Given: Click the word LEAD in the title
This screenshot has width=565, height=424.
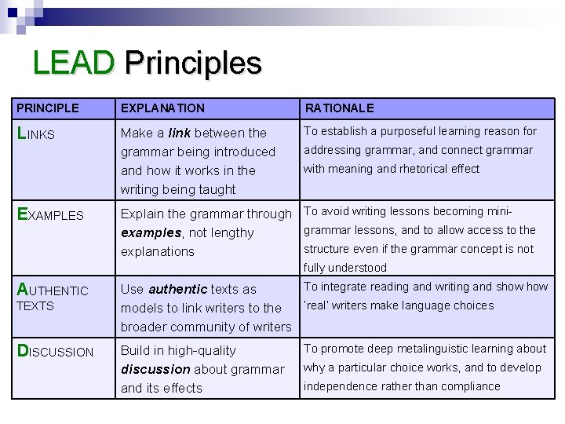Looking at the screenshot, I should point(74,63).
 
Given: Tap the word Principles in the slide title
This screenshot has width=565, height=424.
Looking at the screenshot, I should point(192,63).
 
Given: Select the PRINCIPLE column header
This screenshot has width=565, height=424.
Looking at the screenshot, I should point(48,108).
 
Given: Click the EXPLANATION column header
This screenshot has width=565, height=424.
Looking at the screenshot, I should point(162,108).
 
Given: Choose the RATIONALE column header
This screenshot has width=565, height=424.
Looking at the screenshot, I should point(339,108).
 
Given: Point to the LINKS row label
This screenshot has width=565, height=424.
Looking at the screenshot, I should point(36,133).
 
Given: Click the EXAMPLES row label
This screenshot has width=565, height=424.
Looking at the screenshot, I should point(50,214).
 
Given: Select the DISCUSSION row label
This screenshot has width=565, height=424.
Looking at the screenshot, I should point(55,352).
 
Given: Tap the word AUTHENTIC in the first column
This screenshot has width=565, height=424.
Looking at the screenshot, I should point(53,291).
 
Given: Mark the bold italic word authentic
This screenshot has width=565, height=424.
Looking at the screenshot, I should point(177,289).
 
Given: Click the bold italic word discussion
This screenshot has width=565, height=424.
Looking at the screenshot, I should point(155,369).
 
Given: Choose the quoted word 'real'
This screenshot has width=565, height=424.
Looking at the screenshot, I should point(319,305).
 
